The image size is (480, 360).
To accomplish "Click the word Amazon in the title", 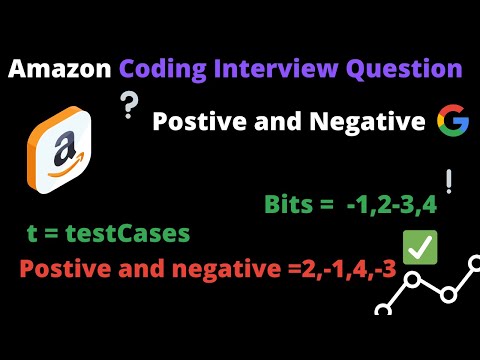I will pos(61,69).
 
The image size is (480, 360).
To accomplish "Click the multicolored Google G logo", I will pos(452,123).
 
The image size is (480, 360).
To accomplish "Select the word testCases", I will pos(131,235).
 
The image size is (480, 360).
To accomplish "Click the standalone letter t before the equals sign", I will pos(33,236).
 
